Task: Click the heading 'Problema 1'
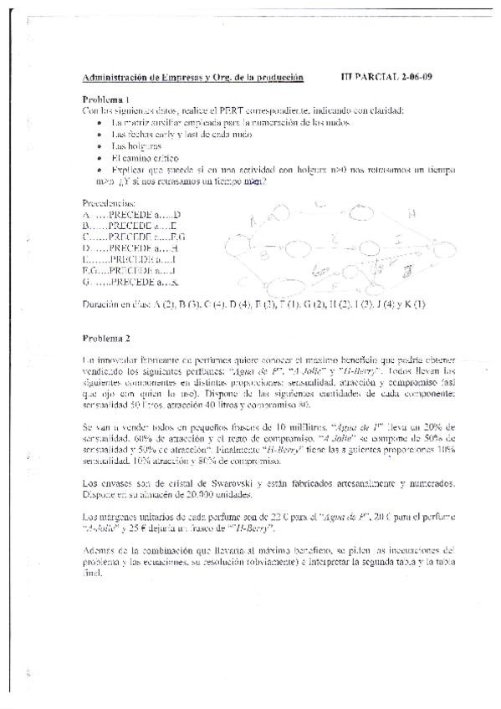pyautogui.click(x=105, y=99)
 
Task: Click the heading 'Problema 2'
pyautogui.click(x=105, y=339)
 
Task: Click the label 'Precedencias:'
pyautogui.click(x=109, y=203)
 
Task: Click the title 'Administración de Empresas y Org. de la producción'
pyautogui.click(x=192, y=78)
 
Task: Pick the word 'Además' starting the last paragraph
pyautogui.click(x=100, y=550)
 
